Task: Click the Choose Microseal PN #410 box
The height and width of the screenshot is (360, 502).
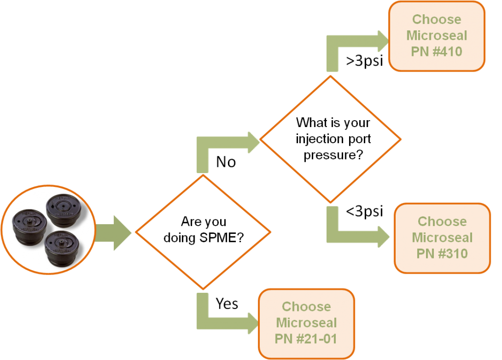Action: point(436,35)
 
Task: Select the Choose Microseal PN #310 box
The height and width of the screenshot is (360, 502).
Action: point(442,238)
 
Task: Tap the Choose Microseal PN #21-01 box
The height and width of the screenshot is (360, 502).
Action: point(306,323)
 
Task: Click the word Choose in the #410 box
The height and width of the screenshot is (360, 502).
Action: point(436,20)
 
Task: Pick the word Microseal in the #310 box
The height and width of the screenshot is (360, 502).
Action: point(442,238)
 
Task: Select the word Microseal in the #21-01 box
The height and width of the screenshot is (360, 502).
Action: point(306,323)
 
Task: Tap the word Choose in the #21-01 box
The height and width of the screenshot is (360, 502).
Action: point(306,307)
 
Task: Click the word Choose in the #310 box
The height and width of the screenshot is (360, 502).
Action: point(442,222)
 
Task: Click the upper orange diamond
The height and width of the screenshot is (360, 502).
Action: point(330,139)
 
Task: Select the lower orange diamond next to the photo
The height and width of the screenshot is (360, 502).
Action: point(203,231)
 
